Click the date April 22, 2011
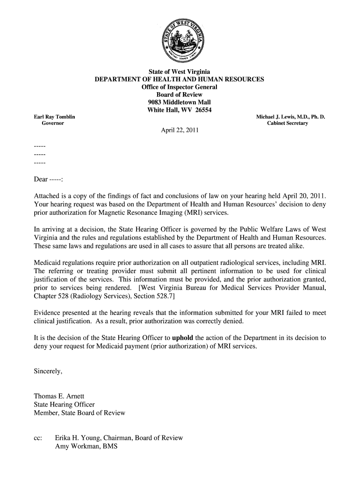point(180,130)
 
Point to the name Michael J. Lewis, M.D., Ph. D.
point(290,116)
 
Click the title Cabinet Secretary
point(288,123)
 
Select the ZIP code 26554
point(202,110)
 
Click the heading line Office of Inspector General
point(180,87)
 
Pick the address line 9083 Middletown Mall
point(180,102)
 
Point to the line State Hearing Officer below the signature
point(64,404)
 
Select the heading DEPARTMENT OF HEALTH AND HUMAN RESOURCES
point(180,80)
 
